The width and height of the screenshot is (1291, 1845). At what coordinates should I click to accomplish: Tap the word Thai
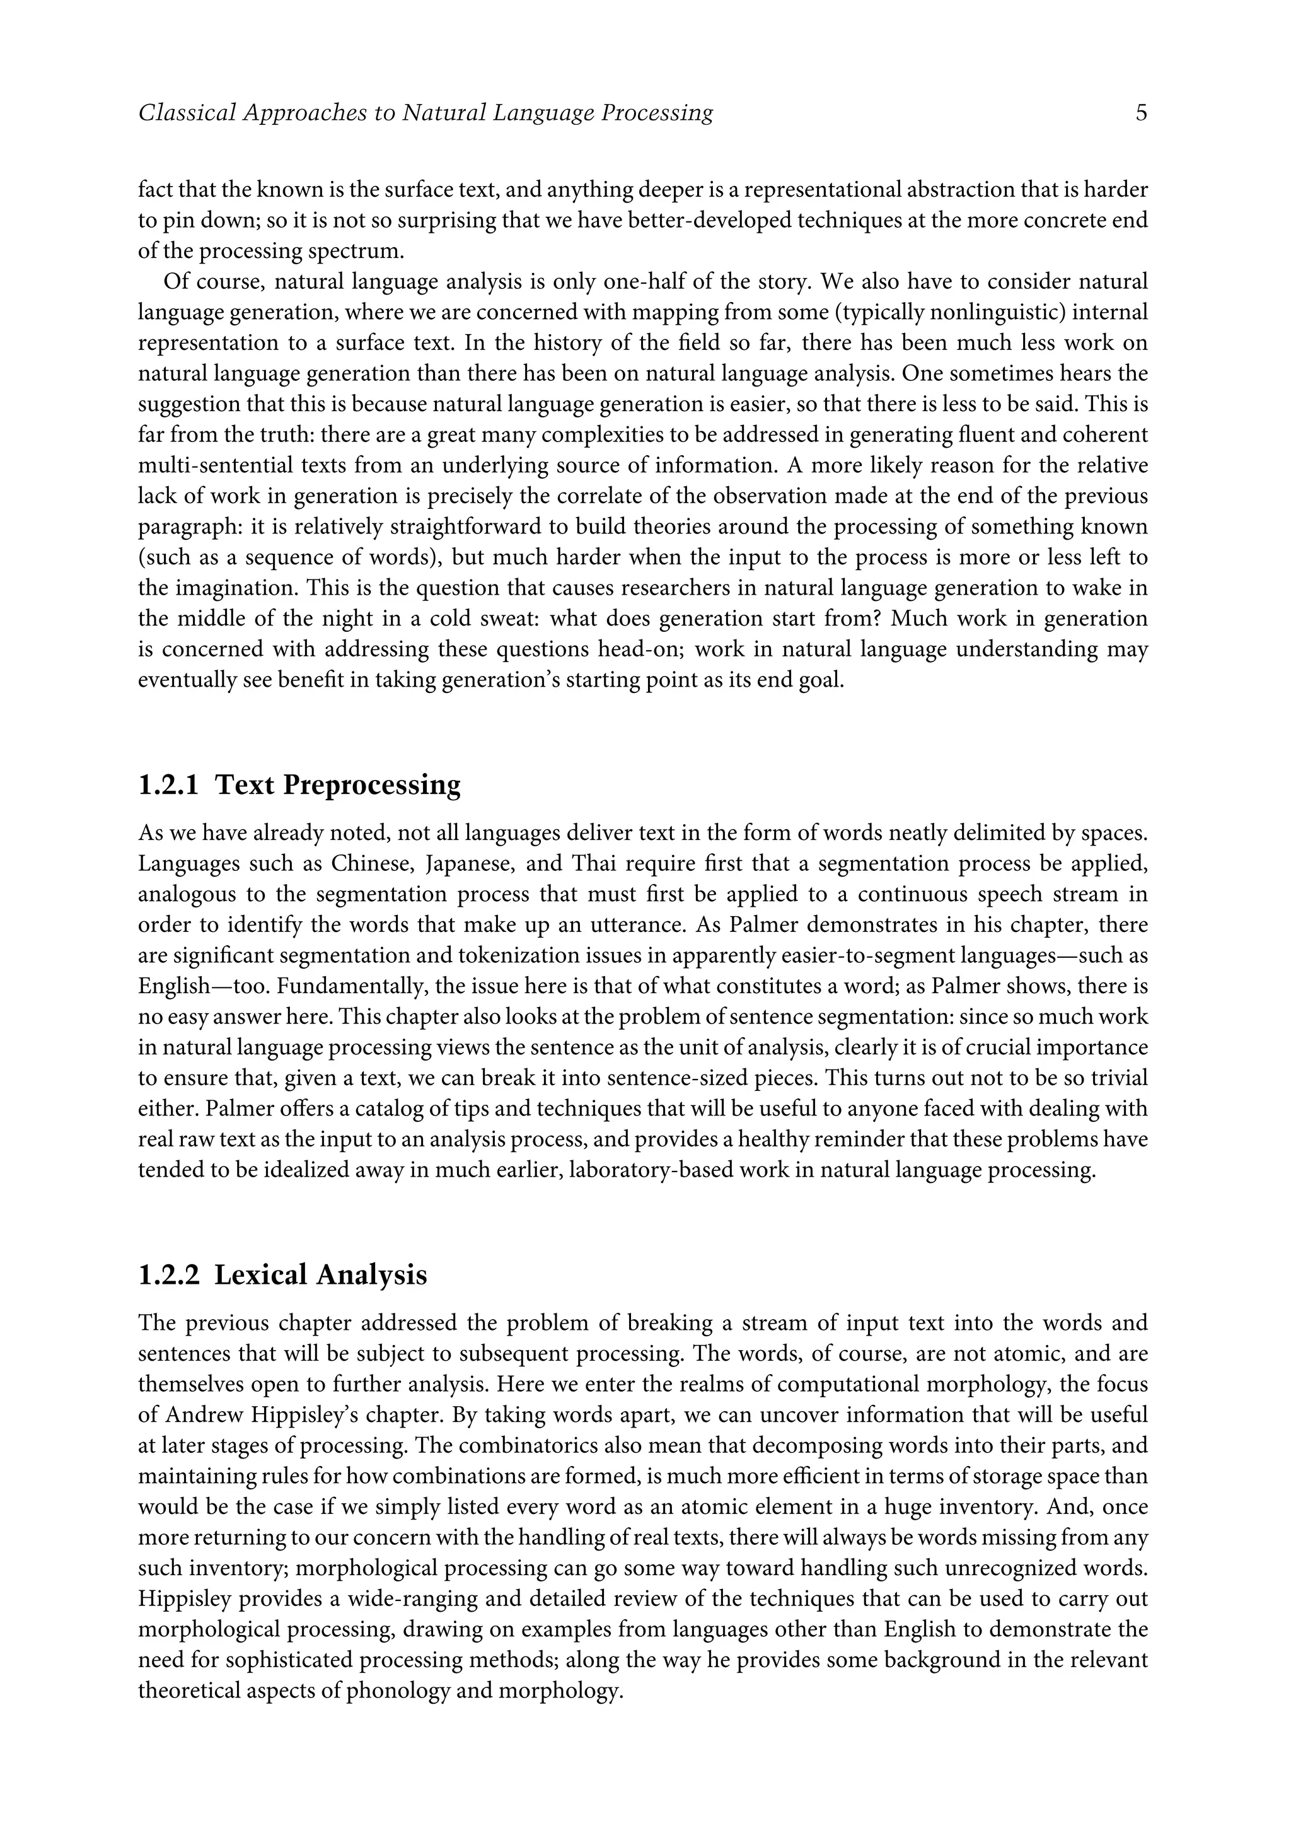(595, 864)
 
